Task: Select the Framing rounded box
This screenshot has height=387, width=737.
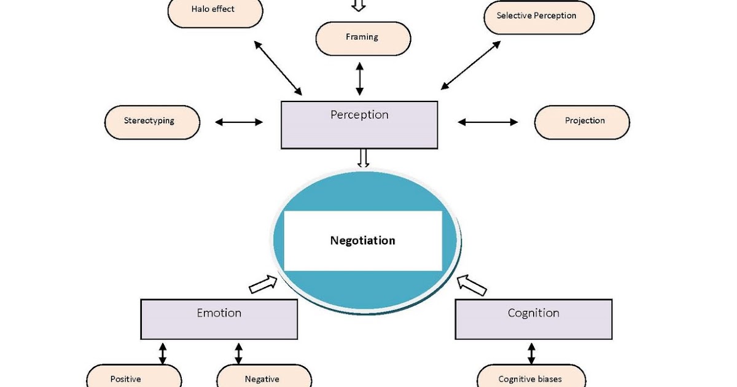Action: pyautogui.click(x=362, y=37)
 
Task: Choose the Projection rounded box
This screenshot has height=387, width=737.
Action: pyautogui.click(x=582, y=122)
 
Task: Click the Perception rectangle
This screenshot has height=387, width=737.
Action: pyautogui.click(x=359, y=125)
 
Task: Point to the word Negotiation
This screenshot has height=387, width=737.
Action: pyautogui.click(x=362, y=240)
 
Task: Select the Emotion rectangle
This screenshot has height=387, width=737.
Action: pyautogui.click(x=219, y=319)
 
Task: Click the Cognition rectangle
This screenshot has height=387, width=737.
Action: pyautogui.click(x=533, y=319)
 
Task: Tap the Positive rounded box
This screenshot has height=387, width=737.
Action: pyautogui.click(x=134, y=377)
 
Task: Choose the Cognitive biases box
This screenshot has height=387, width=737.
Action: pyautogui.click(x=529, y=377)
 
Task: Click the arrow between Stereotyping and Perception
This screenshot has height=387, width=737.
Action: pyautogui.click(x=239, y=122)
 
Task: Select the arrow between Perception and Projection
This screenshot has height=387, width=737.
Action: pyautogui.click(x=488, y=122)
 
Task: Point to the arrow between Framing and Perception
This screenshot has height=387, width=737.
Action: pyautogui.click(x=360, y=78)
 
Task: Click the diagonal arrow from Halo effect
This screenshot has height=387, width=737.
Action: pyautogui.click(x=277, y=68)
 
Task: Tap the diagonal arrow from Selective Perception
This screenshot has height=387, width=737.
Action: pyautogui.click(x=470, y=66)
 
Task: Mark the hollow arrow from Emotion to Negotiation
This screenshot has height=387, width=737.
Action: pyautogui.click(x=263, y=284)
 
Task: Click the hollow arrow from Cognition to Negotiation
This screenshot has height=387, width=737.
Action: pyautogui.click(x=472, y=284)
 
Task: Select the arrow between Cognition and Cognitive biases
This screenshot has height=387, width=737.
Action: pyautogui.click(x=531, y=353)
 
